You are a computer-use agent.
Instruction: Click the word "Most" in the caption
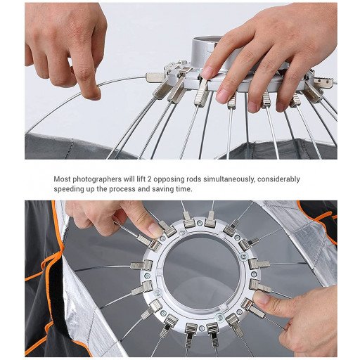click(63, 179)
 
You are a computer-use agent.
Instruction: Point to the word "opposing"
click(169, 179)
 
